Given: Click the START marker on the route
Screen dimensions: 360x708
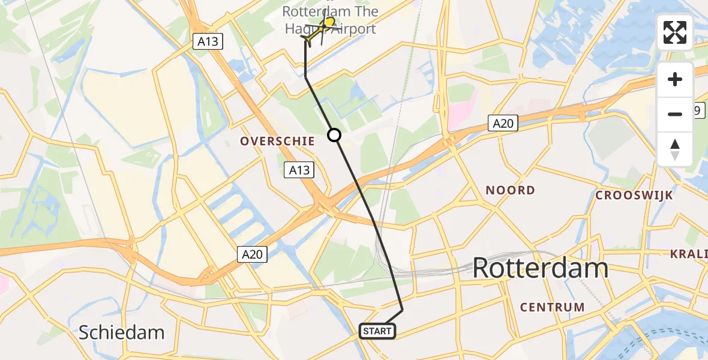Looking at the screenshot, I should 377,331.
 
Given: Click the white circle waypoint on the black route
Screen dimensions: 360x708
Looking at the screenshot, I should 334,135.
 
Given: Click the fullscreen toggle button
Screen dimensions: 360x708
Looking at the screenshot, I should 675,32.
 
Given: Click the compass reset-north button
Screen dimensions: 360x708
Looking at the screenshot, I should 675,149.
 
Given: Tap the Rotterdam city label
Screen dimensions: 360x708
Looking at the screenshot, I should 541,268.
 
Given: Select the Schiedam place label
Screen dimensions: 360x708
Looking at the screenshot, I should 122,332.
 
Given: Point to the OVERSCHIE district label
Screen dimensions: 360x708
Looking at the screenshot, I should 277,141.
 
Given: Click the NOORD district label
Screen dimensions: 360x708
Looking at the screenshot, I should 510,190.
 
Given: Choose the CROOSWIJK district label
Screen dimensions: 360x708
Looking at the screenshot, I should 634,196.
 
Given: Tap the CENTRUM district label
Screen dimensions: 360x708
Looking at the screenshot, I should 552,307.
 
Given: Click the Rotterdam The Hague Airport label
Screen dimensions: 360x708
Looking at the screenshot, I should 329,20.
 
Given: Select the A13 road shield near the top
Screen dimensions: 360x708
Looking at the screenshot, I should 208,41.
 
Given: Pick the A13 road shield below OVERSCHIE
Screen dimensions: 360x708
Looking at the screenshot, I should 299,170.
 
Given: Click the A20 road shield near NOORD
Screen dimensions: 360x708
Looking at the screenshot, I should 502,123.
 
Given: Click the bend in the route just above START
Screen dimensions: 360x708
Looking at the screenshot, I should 402,310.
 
